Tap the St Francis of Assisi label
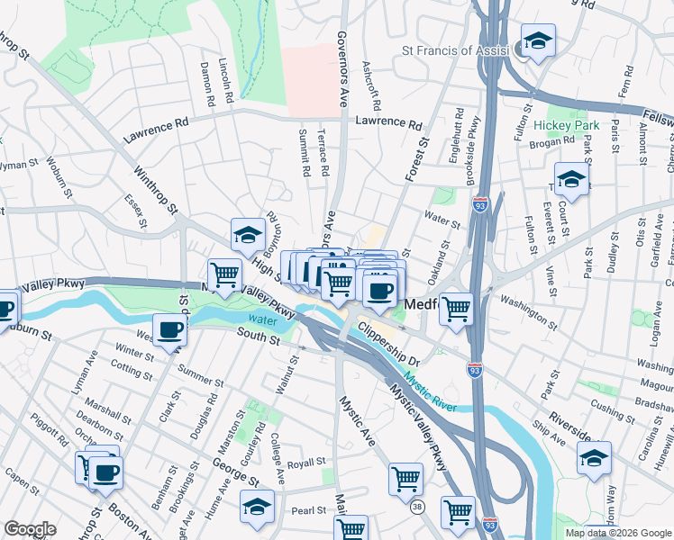pyautogui.click(x=456, y=51)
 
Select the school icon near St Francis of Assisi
pyautogui.click(x=539, y=40)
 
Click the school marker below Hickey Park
pyautogui.click(x=572, y=180)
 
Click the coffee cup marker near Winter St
pyautogui.click(x=170, y=329)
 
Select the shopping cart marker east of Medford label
pyautogui.click(x=458, y=308)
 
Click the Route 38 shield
pyautogui.click(x=417, y=508)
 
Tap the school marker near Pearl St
pyautogui.click(x=257, y=507)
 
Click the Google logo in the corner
pyautogui.click(x=30, y=529)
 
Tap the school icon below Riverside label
pyautogui.click(x=594, y=457)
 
